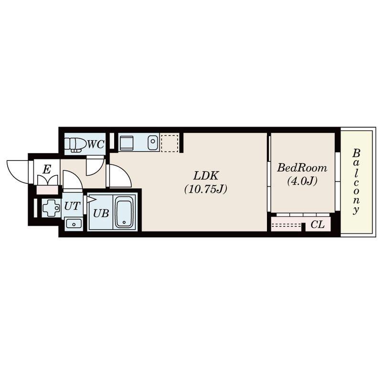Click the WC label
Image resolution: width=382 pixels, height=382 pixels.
96,145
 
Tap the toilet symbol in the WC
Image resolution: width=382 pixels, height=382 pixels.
75,145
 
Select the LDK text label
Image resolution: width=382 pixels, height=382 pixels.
206,175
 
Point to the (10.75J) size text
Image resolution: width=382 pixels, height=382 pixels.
206,189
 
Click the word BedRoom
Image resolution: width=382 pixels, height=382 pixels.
302,168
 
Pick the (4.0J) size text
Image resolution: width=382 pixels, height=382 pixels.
302,181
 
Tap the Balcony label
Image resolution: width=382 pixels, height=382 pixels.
356,181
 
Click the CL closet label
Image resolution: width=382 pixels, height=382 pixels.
318,224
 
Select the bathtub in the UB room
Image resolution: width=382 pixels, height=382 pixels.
124,212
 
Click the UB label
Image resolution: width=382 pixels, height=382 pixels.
101,213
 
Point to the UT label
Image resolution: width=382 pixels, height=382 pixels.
72,206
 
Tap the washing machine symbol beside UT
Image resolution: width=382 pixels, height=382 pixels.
51,208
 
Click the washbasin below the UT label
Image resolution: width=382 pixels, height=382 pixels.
74,223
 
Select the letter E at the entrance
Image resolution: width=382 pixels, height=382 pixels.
47,169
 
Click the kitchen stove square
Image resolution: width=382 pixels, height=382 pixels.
127,143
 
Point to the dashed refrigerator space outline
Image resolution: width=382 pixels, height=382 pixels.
170,143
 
